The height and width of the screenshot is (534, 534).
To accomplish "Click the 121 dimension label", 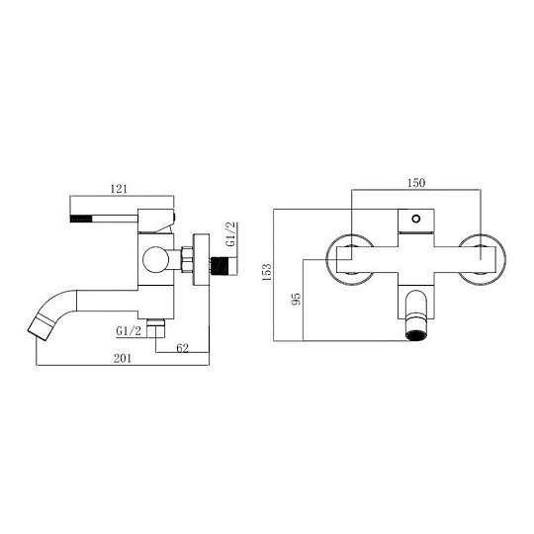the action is pos(119,189).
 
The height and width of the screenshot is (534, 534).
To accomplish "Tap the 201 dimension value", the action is pos(123,359).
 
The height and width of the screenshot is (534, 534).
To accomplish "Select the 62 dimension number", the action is pos(183,348).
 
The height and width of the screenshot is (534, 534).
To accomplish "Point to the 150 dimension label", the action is pos(416,183).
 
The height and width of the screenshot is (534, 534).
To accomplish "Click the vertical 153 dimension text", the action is pos(266,271).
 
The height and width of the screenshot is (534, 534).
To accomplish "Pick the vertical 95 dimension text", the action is pos(297,299).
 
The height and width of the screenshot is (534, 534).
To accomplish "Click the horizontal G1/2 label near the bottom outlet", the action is pos(129,331).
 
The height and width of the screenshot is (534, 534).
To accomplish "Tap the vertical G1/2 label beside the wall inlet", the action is pos(230,234).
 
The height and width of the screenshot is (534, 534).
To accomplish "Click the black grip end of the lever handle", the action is pos(81,219).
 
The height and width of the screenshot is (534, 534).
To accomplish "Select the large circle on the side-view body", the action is pos(155,259).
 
